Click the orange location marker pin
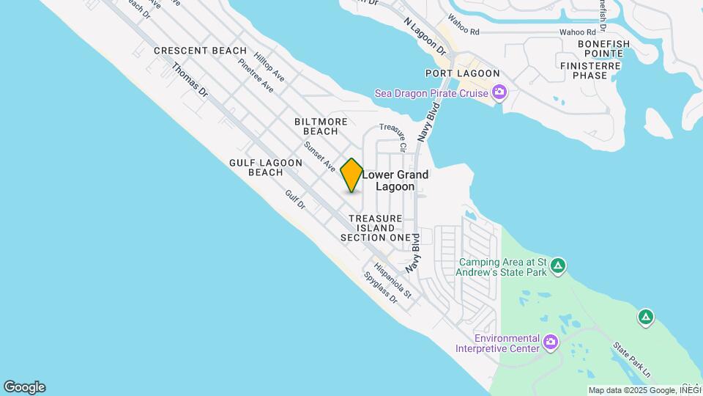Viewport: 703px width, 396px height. point(351,175)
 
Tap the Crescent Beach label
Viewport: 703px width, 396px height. point(200,51)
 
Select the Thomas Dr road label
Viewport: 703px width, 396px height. point(190,80)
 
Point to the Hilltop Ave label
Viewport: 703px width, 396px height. point(269,66)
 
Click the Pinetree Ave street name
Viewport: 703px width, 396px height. point(256,76)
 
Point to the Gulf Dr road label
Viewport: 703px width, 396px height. point(295,199)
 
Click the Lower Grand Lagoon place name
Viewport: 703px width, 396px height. point(395,180)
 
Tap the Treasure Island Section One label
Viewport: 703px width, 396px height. point(376,228)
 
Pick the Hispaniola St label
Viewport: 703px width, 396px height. point(393,280)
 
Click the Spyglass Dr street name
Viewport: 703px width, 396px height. point(380,289)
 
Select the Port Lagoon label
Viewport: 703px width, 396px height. point(463,73)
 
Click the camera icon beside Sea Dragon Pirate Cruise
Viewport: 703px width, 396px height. point(499,92)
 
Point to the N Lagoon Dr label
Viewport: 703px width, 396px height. point(425,37)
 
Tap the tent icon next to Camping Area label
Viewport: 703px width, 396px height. point(558,265)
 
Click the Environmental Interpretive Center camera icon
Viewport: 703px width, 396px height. point(551,342)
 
